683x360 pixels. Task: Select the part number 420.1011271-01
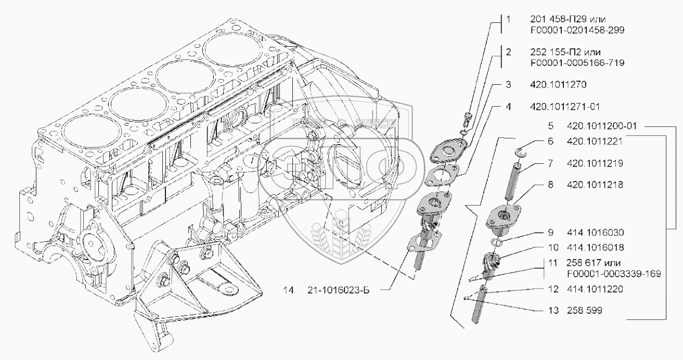click(564, 107)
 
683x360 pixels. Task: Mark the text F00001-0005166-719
click(577, 62)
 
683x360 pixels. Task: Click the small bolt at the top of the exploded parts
click(467, 118)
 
